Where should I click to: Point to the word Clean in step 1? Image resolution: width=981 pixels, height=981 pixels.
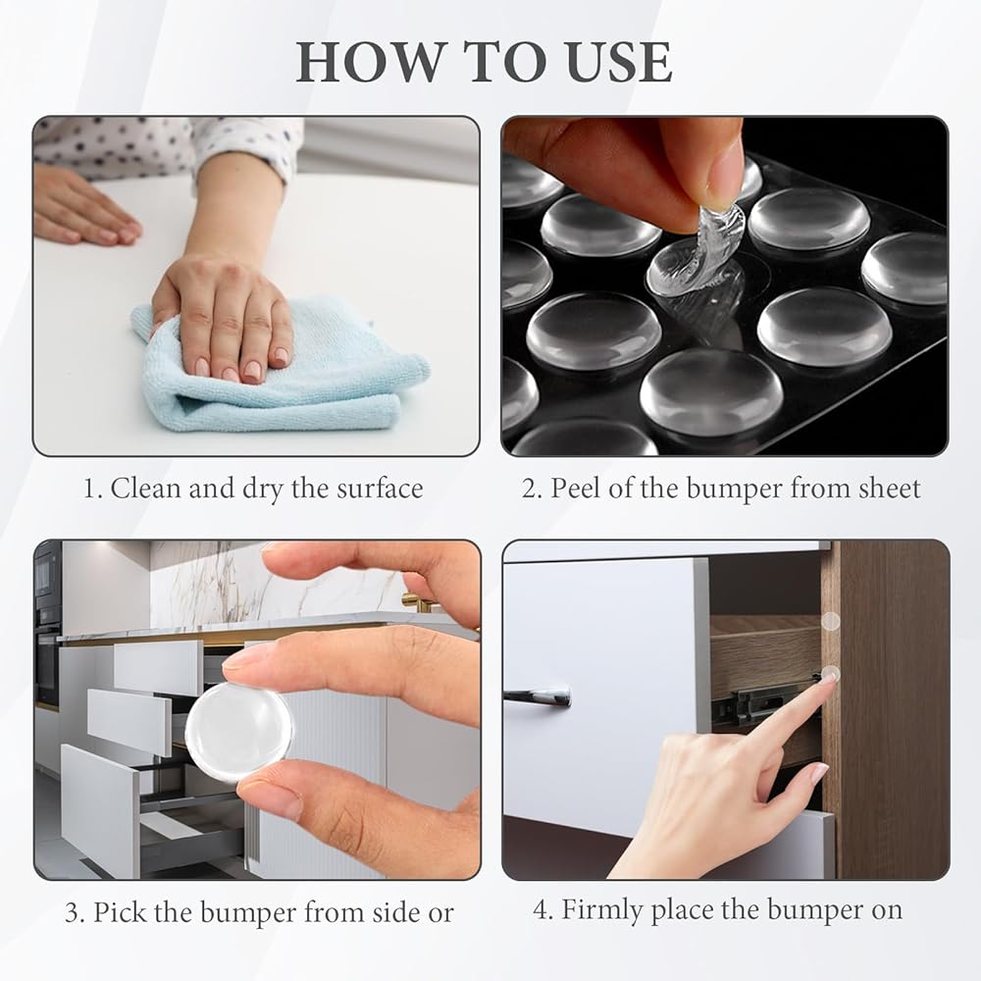pos(145,489)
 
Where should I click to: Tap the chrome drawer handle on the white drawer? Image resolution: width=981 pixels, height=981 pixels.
pos(538,696)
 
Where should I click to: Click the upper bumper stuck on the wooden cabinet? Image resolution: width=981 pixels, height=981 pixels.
pos(830,621)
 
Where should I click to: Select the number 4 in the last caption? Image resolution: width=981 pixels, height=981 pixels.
pos(541,910)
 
